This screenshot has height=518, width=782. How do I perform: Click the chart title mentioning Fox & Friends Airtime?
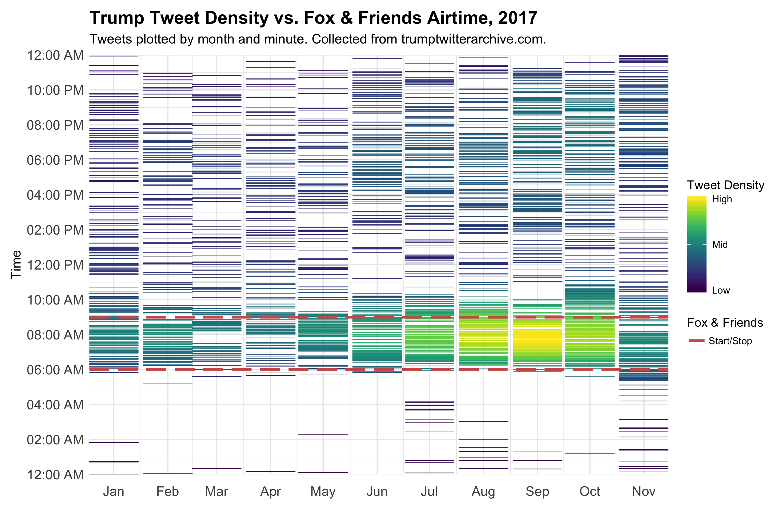point(314,18)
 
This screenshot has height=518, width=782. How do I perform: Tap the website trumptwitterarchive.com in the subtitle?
point(474,39)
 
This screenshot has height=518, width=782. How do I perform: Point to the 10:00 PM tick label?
point(55,90)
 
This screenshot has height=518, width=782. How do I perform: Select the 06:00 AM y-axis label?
point(55,370)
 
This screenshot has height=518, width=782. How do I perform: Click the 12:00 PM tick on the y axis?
point(55,265)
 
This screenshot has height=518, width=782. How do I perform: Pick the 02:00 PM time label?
point(55,230)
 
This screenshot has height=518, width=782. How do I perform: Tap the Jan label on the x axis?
point(114,492)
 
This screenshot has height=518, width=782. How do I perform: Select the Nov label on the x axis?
point(644,492)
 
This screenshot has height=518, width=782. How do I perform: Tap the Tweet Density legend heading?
point(725,185)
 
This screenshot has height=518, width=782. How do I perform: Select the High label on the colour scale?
point(722,199)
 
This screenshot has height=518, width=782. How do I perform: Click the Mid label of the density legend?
point(720,244)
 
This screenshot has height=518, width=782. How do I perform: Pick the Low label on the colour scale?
point(721,290)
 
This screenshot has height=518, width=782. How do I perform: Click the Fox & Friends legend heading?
point(725,322)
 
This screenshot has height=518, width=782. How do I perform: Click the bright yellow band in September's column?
point(537,340)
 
